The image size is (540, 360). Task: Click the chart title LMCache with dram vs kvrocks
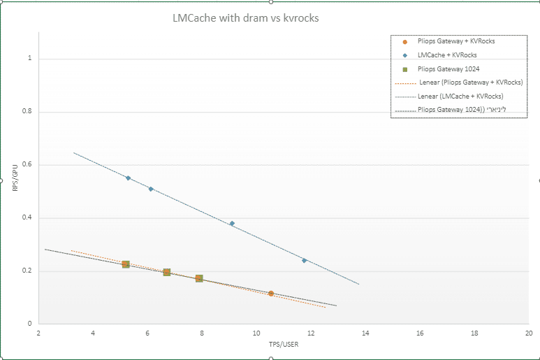point(246,18)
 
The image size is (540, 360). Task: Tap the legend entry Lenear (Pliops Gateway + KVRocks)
point(471,82)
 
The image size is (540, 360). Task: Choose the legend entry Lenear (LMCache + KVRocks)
point(460,96)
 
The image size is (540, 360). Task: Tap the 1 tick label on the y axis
point(30,59)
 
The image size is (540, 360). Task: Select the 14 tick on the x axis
point(365,333)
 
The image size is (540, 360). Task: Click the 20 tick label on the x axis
point(529,333)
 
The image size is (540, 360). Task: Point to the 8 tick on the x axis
point(202,333)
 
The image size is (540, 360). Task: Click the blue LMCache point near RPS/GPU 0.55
point(128,178)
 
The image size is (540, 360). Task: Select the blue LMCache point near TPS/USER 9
point(232,224)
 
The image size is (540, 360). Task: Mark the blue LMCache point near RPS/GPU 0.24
point(304,260)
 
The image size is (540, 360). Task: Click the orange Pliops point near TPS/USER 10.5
point(270,294)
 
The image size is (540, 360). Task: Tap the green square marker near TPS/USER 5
point(126,264)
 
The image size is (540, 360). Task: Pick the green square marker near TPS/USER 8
point(199,279)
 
